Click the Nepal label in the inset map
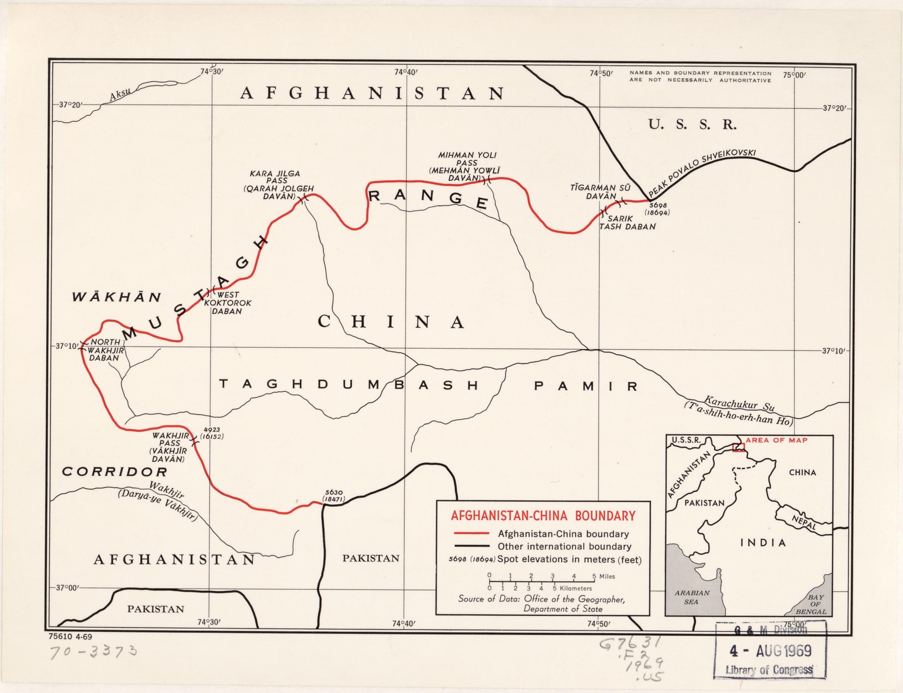point(804,523)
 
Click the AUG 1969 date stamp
point(770,651)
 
